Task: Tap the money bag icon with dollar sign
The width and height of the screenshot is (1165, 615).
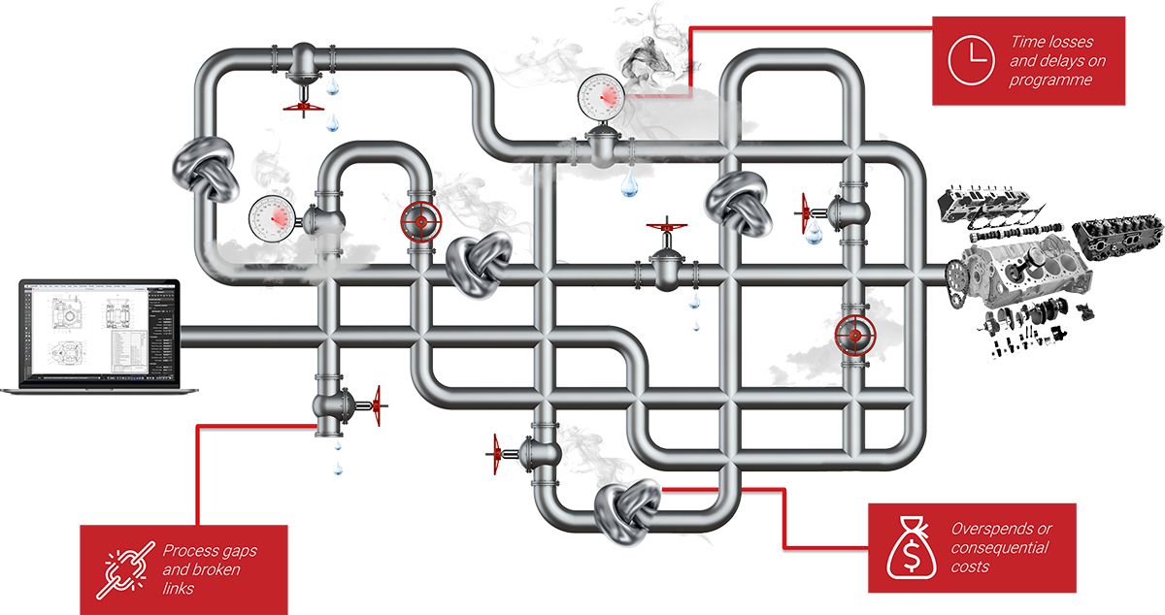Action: click(910, 550)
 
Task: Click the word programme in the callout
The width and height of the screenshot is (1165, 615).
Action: click(1050, 81)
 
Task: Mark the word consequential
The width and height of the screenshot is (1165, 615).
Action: click(1000, 547)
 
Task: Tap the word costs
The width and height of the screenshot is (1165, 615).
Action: click(971, 566)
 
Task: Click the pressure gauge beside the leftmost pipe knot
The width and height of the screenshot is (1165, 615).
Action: click(271, 216)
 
